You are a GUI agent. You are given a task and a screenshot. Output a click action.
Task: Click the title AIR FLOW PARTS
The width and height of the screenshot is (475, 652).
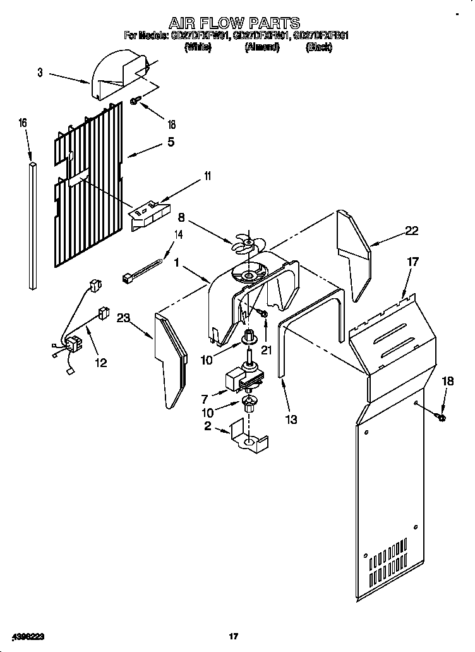(x=234, y=24)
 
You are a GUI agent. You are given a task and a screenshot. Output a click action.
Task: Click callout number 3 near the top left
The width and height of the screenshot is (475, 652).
(x=40, y=73)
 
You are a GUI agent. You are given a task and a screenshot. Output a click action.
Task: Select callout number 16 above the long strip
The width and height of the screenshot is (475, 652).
(x=23, y=124)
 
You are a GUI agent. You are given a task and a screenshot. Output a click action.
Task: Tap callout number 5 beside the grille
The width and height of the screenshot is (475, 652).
(x=171, y=143)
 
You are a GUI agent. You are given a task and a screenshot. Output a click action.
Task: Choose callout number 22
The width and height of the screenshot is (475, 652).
(x=411, y=231)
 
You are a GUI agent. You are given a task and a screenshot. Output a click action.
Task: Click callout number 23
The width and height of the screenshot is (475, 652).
(x=123, y=318)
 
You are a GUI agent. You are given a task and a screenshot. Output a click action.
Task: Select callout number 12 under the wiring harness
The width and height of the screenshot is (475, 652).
(x=100, y=363)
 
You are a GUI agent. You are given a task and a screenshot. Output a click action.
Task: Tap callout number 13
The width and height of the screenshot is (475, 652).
(x=291, y=420)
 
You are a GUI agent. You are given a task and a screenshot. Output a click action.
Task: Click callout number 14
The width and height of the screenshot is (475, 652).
(x=178, y=235)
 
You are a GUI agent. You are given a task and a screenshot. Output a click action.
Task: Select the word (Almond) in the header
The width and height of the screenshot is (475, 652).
(x=262, y=47)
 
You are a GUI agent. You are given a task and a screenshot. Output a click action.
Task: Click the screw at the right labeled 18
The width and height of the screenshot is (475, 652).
(x=441, y=417)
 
